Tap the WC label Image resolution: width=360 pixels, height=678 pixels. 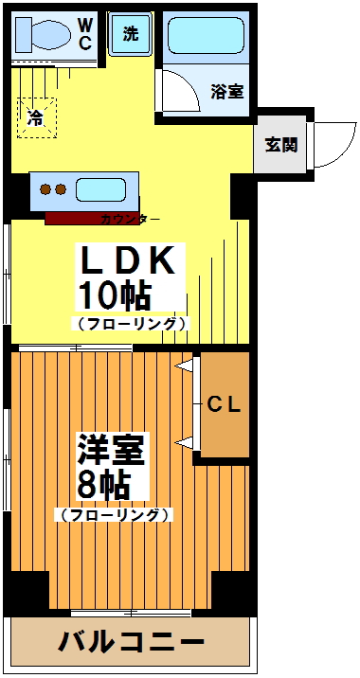[x=85, y=34]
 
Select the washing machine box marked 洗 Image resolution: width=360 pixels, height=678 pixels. [x=130, y=35]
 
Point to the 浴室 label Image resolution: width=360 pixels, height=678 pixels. [x=227, y=92]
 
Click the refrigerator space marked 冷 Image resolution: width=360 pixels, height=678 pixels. [x=36, y=118]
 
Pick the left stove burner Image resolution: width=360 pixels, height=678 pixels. [x=44, y=189]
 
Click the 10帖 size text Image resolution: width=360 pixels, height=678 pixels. [x=115, y=296]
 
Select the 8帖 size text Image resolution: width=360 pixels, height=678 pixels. [x=103, y=487]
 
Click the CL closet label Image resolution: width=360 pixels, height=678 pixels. [x=225, y=404]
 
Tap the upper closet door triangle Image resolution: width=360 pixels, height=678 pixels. [x=187, y=366]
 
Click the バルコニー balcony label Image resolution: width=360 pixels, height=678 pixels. [x=132, y=643]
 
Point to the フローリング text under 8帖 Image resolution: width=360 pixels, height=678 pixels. [x=114, y=516]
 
